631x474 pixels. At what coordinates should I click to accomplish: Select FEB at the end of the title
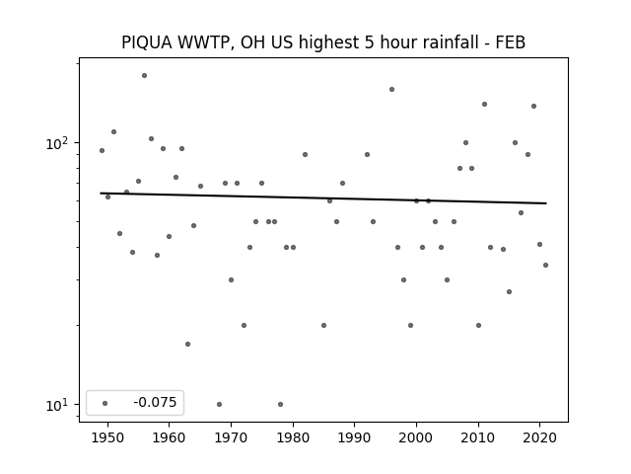(511, 42)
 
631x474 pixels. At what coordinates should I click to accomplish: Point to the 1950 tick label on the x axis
(107, 437)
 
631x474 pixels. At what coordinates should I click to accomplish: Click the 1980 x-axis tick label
(293, 437)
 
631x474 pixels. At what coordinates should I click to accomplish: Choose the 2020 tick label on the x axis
(539, 437)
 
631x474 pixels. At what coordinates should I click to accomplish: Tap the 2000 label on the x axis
(416, 437)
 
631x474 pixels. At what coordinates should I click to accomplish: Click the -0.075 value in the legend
(155, 402)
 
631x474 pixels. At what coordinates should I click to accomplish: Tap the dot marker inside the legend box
(105, 403)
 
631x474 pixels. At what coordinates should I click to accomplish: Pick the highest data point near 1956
(145, 76)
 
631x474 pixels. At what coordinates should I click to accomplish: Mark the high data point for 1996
(392, 90)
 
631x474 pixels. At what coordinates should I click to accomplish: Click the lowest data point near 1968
(219, 404)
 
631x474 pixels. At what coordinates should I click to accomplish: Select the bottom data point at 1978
(280, 404)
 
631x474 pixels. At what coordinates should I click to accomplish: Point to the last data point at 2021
(545, 266)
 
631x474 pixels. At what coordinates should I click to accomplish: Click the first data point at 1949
(103, 151)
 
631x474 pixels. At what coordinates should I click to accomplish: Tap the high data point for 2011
(484, 105)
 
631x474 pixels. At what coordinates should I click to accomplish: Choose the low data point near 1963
(188, 345)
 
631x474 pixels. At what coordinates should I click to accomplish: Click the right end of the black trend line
(546, 203)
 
